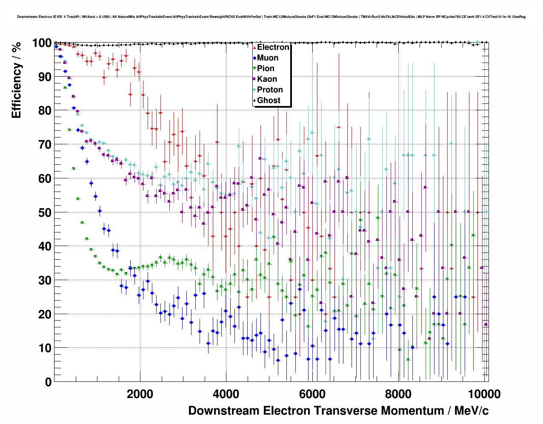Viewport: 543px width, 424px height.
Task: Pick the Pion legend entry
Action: point(266,69)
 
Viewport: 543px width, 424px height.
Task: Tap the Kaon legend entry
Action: point(267,79)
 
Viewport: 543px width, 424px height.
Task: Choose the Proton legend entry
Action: point(270,90)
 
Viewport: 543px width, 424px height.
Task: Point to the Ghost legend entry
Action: point(269,100)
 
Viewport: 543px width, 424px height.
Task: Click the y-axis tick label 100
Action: point(42,43)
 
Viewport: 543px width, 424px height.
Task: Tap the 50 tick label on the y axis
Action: point(45,212)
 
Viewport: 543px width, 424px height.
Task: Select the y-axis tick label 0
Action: point(48,382)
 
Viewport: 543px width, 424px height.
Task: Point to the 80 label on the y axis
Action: point(45,111)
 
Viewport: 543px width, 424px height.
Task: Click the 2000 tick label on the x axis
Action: point(140,394)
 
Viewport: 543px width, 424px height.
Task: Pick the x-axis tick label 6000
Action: point(312,394)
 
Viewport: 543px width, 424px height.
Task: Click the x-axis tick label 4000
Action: point(226,394)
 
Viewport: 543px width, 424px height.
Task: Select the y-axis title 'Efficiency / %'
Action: point(17,80)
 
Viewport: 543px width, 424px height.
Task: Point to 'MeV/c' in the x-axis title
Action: point(471,411)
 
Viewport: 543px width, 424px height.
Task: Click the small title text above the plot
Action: point(271,17)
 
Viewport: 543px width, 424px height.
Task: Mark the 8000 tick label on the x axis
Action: point(398,394)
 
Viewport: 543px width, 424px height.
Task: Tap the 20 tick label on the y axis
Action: point(45,314)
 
